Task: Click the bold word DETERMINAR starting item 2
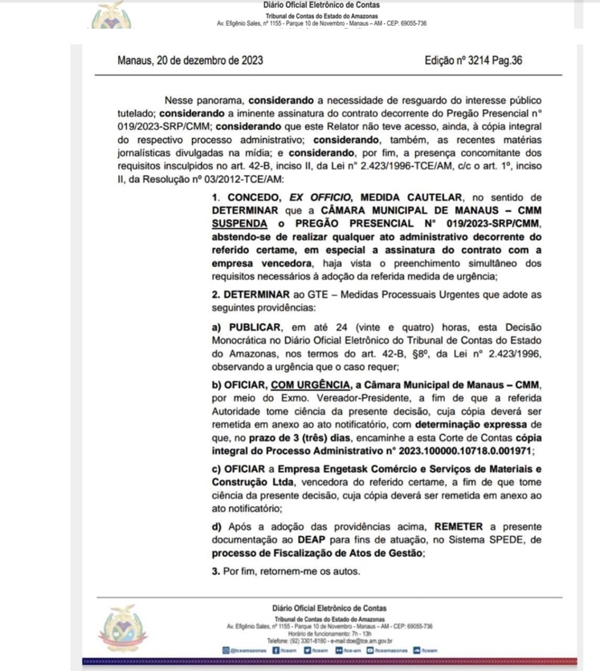258,294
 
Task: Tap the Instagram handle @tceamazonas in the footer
249,650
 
